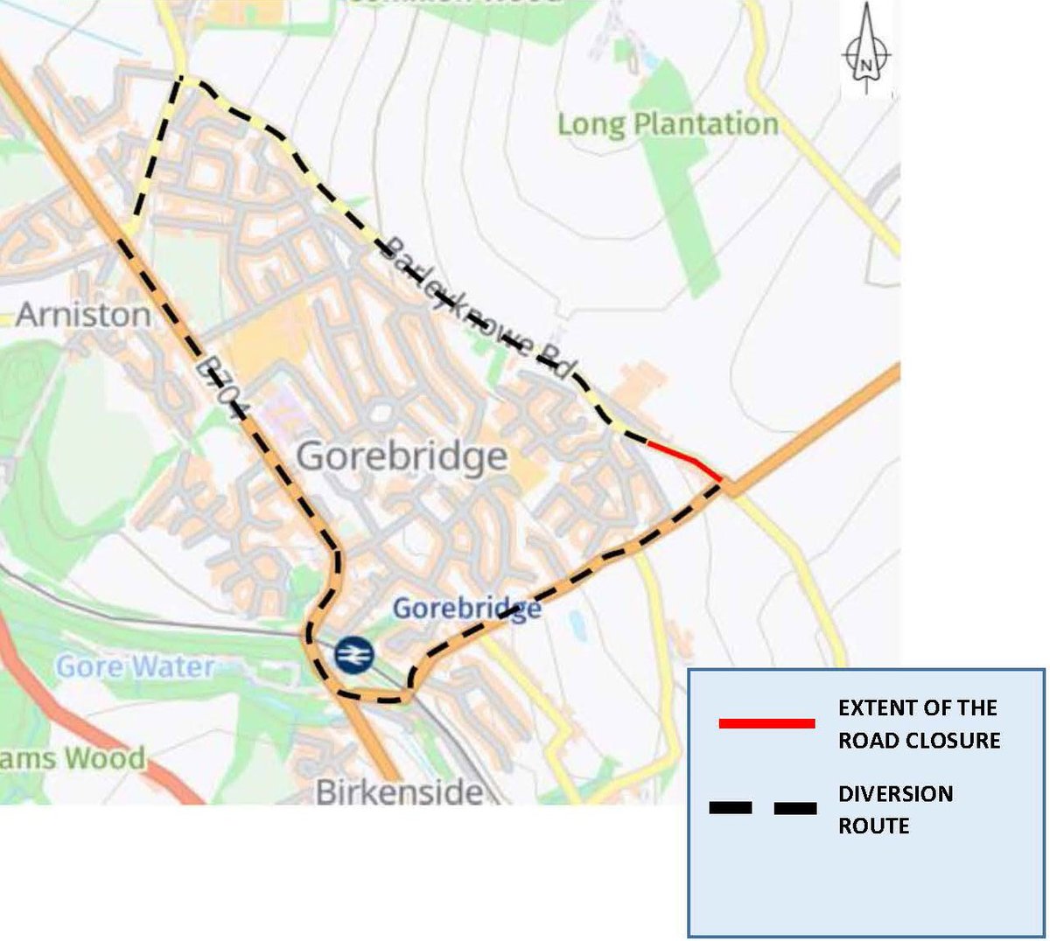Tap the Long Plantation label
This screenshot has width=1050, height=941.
pos(668,124)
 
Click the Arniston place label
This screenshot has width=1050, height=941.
pos(83,314)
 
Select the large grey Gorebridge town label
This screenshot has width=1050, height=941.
pos(402,457)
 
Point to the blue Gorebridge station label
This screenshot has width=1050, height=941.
pos(465,608)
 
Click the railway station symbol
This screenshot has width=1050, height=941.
pos(353,654)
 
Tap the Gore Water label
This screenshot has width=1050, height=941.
pos(135,667)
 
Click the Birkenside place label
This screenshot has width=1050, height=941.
pos(399,792)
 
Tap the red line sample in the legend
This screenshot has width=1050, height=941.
pos(766,723)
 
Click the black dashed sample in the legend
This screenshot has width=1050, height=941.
pos(763,808)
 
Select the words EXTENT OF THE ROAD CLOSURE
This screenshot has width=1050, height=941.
pos(919,723)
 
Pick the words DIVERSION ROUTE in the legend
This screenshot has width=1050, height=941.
pos(895,809)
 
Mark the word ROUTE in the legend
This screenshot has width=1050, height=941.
pos(873,826)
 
